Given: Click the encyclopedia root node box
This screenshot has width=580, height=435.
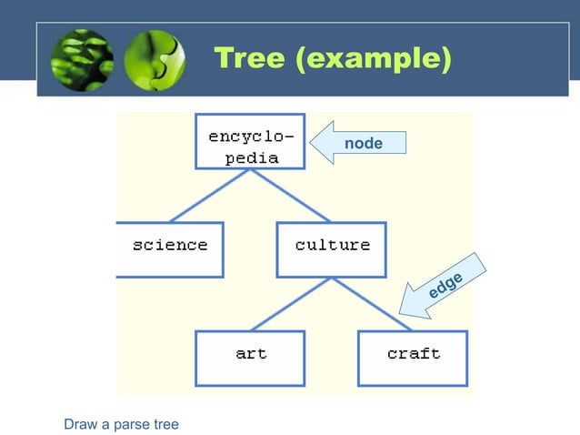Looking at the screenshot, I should [x=250, y=141].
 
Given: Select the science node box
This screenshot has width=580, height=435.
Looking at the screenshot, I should [x=169, y=249].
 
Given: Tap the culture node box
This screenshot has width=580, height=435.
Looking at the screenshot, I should [x=332, y=249].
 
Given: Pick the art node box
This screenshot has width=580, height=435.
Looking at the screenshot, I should [x=250, y=358].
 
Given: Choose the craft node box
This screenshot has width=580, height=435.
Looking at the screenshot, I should [x=413, y=358].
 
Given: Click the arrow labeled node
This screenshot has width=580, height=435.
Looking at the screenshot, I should [x=359, y=143].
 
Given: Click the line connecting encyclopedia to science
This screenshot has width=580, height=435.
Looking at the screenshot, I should [x=209, y=196].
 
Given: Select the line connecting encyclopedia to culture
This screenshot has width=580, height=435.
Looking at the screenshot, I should [x=291, y=196].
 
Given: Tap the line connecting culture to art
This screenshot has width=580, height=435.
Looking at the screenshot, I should [x=291, y=304].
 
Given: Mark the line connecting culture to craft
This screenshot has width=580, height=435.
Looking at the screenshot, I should [x=373, y=304].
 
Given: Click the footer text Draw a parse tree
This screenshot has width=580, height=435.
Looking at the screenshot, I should [x=121, y=423].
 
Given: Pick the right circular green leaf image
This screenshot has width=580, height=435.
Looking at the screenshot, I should [x=153, y=61].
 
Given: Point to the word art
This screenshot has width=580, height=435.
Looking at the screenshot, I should [x=251, y=353].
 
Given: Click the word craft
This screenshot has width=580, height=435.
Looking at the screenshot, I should [x=414, y=353].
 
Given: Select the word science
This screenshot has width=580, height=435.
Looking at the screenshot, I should [x=170, y=245].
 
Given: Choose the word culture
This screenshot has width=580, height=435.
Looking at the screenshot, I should [x=333, y=245].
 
